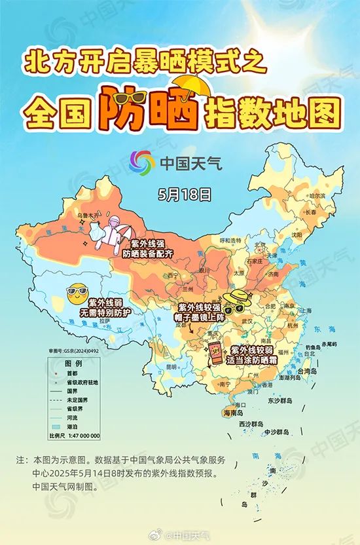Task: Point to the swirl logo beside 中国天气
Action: click(139, 162)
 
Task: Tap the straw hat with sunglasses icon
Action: click(235, 301)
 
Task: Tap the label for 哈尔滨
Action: click(317, 196)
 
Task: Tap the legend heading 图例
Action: click(73, 363)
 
